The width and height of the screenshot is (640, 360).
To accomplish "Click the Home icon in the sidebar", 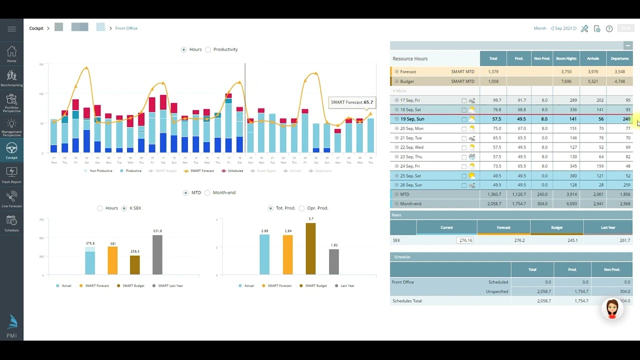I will (11, 53).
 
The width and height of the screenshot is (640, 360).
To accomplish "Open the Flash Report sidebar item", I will (11, 174).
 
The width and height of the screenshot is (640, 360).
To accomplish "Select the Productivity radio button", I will (208, 49).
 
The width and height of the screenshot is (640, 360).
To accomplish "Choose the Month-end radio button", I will (207, 192).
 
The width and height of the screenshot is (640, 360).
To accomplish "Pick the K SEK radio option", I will (124, 208).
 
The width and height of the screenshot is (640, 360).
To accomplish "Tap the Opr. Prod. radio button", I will (301, 208).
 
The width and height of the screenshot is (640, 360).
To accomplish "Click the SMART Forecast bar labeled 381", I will (112, 260).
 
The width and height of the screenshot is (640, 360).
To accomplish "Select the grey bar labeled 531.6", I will (157, 254).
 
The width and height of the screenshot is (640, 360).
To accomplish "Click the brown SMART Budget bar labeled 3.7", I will (310, 248).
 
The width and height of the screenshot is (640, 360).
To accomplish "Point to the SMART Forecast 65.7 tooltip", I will (352, 102).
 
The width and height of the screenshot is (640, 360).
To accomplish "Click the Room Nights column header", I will (566, 58).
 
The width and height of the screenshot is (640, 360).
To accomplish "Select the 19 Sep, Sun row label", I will (412, 119).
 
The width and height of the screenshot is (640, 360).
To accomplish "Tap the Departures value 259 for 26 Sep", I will (624, 185).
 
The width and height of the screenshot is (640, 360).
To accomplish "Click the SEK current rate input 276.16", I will (465, 240).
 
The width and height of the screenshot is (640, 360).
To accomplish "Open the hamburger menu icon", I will (11, 28).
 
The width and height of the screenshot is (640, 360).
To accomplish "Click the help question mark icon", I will (609, 28).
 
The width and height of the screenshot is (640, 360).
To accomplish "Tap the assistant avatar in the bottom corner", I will (612, 308).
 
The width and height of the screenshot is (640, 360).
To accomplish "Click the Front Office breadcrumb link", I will (126, 28).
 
